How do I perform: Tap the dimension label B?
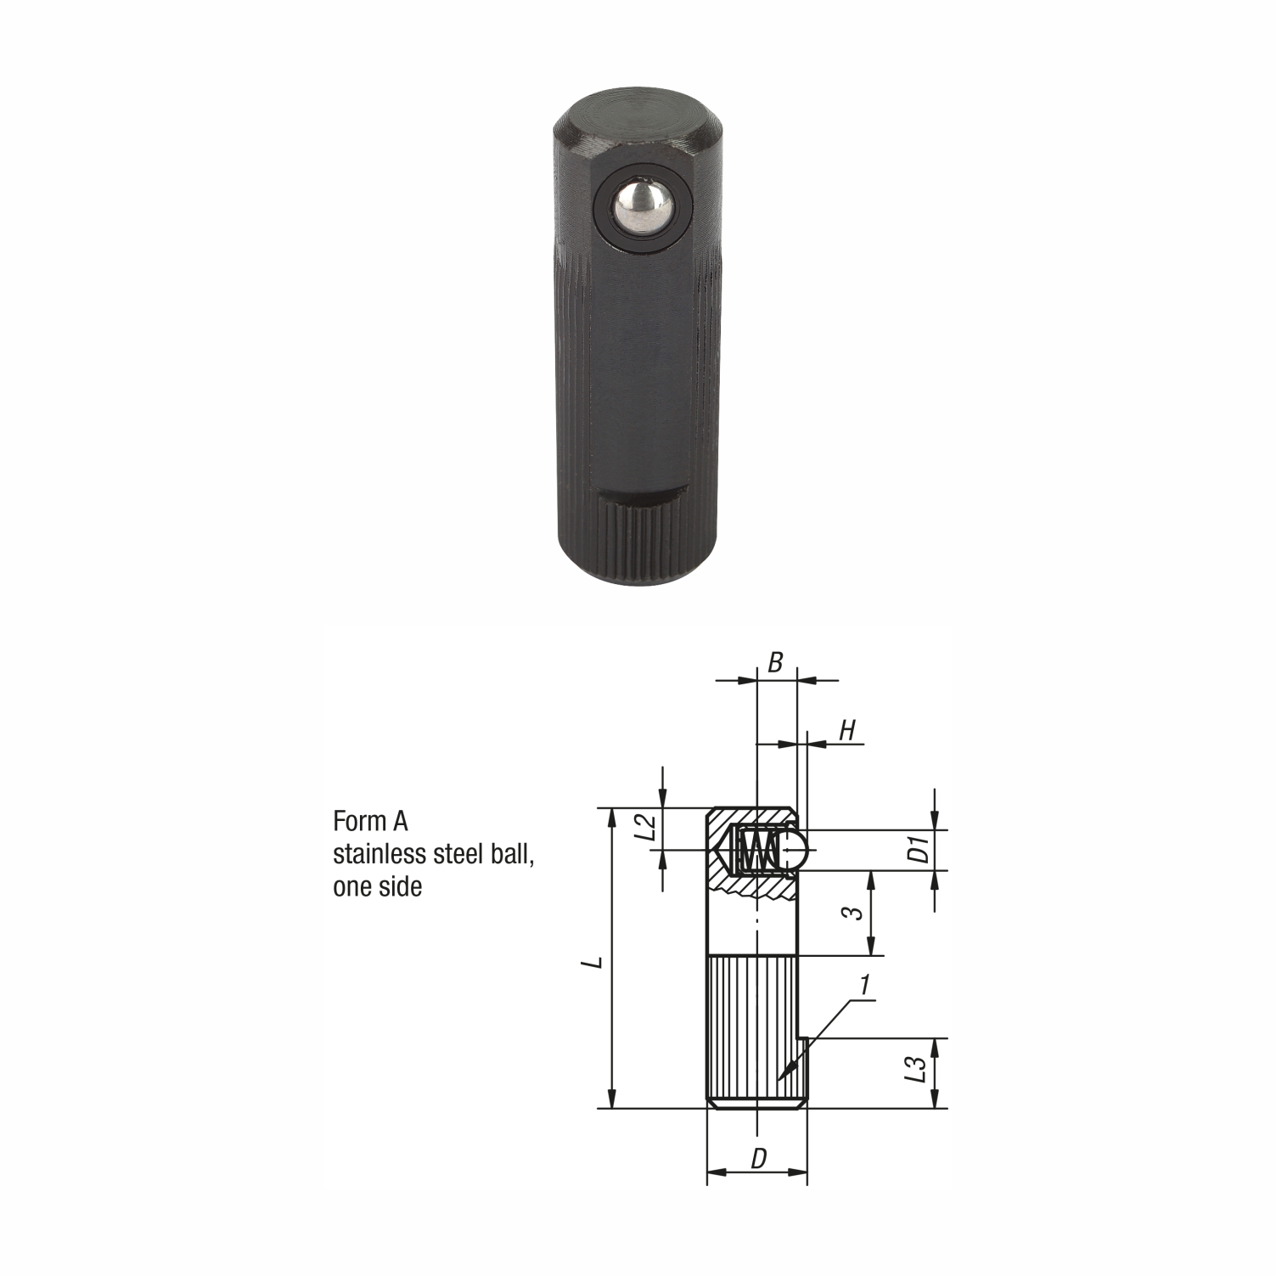tap(775, 663)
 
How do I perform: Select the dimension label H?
tap(847, 729)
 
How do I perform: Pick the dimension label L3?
tap(913, 1070)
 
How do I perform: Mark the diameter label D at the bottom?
tap(759, 1158)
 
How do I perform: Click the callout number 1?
tap(865, 985)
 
